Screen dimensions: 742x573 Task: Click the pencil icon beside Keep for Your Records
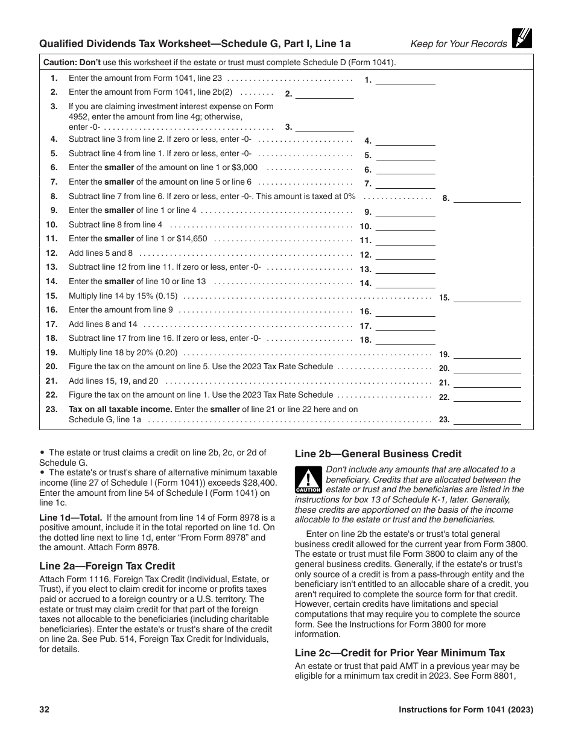[522, 39]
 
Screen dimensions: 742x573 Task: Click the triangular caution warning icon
[308, 481]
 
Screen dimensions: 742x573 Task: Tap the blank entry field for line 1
[406, 79]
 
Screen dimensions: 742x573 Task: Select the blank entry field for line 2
[324, 94]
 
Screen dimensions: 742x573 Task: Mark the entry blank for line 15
[487, 297]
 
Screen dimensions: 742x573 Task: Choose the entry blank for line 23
[487, 419]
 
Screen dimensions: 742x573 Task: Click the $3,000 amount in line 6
[244, 168]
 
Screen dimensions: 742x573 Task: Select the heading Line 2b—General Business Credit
[378, 454]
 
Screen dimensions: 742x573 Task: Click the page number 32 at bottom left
[44, 709]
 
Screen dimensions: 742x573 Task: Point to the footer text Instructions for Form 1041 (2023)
[466, 709]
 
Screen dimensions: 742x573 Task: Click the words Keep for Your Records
[458, 43]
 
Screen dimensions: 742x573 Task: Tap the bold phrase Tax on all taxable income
[121, 409]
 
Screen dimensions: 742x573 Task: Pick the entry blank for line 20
[487, 368]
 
